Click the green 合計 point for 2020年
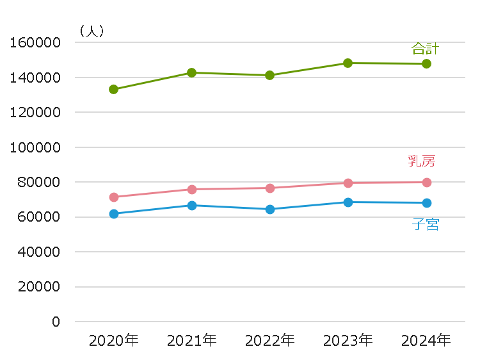113,90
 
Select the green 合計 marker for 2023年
348,63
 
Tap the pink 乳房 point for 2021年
191,189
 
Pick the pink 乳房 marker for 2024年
426,183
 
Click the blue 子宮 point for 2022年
269,209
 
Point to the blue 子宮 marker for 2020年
113,214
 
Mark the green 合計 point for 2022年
269,75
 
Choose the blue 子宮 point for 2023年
348,202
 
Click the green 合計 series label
425,49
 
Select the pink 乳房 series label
421,161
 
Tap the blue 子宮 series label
425,224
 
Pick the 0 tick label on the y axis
56,322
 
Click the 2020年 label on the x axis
113,340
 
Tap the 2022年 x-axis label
269,340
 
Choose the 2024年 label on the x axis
426,340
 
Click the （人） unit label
90,30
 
